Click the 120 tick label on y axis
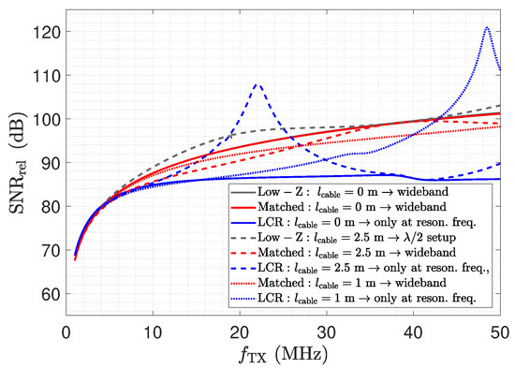48,32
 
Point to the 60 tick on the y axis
51,294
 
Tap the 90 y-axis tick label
51,163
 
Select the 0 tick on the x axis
66,333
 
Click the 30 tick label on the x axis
327,333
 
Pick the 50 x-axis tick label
500,333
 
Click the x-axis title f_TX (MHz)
283,355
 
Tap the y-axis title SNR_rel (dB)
17,163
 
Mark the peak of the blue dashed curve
257,84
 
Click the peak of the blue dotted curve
487,26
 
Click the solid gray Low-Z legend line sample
243,192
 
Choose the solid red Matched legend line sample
243,207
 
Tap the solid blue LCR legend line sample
243,223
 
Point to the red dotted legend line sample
243,283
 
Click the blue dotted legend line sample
243,299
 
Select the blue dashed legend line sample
243,268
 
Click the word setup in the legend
441,238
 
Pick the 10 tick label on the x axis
153,333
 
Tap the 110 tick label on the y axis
48,75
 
